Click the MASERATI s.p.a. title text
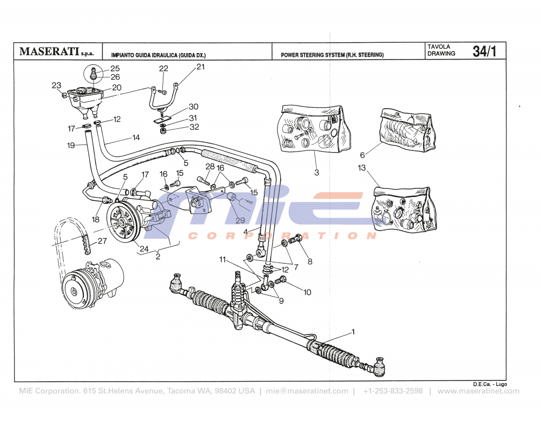pos(56,52)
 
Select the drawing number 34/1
pos(484,51)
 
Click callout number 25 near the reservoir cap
pos(115,69)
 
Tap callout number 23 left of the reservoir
pos(56,86)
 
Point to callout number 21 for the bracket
pos(201,67)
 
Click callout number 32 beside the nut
pos(194,128)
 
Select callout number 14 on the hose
pos(136,137)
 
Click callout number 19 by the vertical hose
pos(71,146)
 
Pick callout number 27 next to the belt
pos(102,242)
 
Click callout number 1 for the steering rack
pos(353,331)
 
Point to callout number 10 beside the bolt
pos(307,292)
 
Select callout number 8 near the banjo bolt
pos(310,261)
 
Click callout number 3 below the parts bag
pos(316,173)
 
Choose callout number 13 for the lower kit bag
pos(362,168)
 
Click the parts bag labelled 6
pos(407,130)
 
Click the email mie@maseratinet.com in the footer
pos(307,391)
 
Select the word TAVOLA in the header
pos(438,47)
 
